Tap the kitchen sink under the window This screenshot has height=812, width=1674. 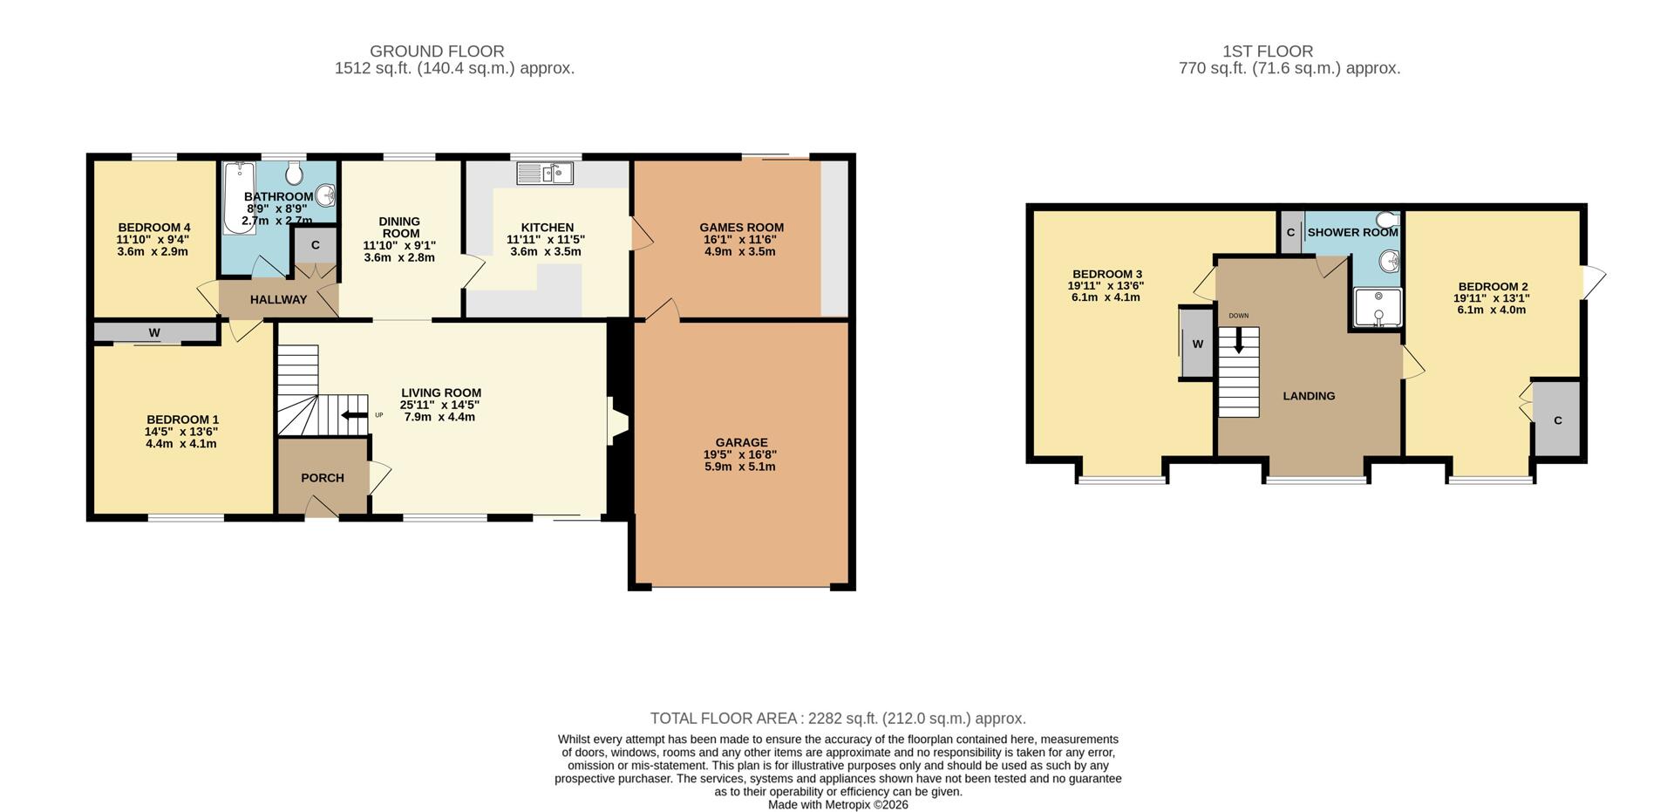(x=545, y=174)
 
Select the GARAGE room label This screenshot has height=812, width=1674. (x=742, y=442)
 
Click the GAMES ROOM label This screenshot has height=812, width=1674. (x=742, y=228)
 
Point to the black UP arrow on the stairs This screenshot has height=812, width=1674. (x=355, y=415)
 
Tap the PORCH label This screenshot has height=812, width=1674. (x=323, y=478)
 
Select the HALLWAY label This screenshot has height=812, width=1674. (x=278, y=299)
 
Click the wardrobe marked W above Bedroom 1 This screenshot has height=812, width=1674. (x=155, y=332)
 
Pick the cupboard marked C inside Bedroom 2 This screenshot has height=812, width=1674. (x=1557, y=419)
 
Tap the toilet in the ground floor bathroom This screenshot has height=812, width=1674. (x=293, y=173)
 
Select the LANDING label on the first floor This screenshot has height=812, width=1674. (x=1309, y=396)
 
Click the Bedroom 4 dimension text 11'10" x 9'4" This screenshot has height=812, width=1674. (x=153, y=239)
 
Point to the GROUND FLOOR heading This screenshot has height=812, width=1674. (x=437, y=51)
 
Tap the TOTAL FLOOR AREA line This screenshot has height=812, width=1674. (x=838, y=719)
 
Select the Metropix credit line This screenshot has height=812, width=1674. (x=838, y=805)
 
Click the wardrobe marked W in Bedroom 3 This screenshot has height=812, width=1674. (x=1196, y=343)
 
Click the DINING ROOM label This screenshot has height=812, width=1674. (x=399, y=227)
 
